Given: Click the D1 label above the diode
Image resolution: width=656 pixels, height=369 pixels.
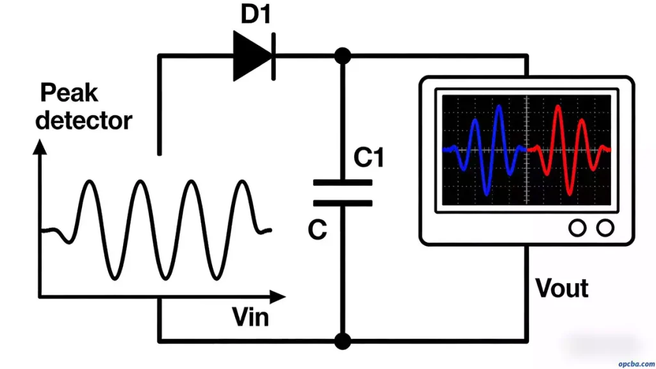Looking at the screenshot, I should pyautogui.click(x=256, y=14).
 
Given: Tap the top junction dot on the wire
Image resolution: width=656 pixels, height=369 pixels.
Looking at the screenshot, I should pyautogui.click(x=343, y=56).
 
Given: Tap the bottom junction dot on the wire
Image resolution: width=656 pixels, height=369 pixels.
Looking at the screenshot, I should pyautogui.click(x=343, y=341).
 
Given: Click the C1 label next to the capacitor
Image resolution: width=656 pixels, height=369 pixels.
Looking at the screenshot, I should pyautogui.click(x=369, y=156).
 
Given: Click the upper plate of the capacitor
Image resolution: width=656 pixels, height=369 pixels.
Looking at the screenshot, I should pyautogui.click(x=343, y=183).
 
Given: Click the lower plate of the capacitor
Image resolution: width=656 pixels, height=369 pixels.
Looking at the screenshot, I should pyautogui.click(x=343, y=203).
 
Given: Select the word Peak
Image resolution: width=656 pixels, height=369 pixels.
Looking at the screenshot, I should pyautogui.click(x=69, y=94).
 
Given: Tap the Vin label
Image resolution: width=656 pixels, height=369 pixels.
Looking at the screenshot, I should pyautogui.click(x=250, y=317).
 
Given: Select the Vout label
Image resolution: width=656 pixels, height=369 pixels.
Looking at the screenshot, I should pyautogui.click(x=562, y=288).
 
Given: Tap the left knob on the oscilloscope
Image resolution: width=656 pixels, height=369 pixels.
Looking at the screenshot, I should pyautogui.click(x=578, y=227).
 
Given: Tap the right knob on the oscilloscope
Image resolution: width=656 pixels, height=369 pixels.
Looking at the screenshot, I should pyautogui.click(x=605, y=227).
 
